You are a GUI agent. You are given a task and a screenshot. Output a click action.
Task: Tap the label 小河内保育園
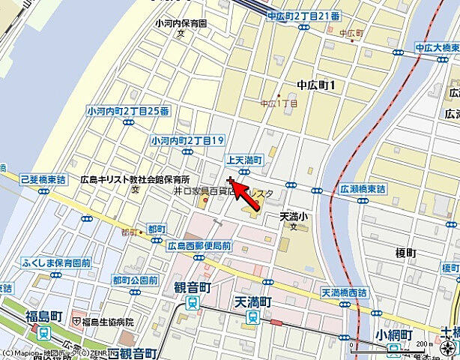point(181,23)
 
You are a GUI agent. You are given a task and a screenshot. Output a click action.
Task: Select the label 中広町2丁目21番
point(303,16)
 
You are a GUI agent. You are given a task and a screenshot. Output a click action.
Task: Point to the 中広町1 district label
point(315,85)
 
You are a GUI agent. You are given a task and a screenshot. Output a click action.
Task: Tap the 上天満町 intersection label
point(244,160)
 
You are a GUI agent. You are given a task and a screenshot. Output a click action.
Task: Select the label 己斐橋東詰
point(44,181)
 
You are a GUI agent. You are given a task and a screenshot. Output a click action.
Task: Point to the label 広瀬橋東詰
point(362,189)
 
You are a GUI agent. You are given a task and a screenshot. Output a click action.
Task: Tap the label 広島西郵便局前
point(199,245)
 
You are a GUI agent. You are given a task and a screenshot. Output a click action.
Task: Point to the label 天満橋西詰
point(347,291)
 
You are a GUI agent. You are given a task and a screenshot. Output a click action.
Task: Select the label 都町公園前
point(135,280)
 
